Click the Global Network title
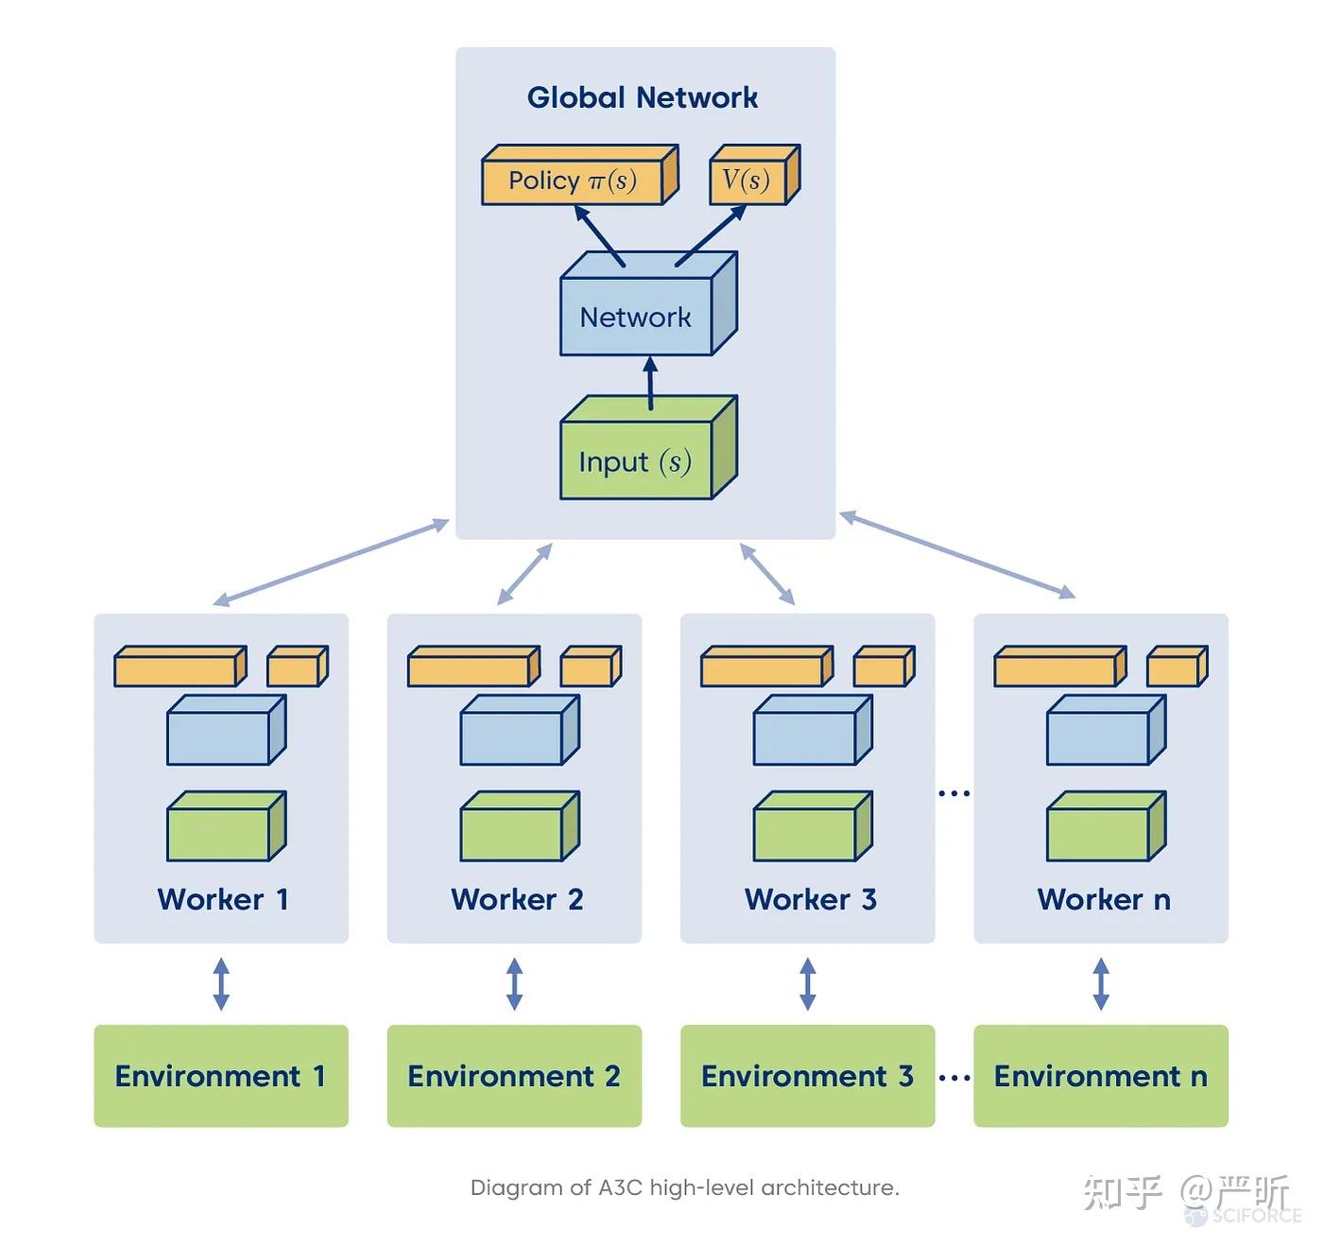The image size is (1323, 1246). click(x=643, y=98)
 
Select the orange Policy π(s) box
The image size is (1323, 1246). click(x=580, y=175)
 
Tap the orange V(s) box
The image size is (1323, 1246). click(x=755, y=175)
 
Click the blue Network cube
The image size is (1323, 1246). click(x=648, y=304)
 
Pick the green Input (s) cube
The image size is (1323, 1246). click(x=648, y=448)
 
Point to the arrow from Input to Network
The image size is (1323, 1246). click(x=651, y=383)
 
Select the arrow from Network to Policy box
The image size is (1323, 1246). click(x=599, y=236)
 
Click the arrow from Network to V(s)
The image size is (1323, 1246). click(x=711, y=236)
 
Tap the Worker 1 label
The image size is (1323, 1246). click(x=222, y=899)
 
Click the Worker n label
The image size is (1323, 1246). click(x=1103, y=899)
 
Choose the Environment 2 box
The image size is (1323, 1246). click(x=514, y=1076)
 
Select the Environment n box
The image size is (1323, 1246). click(x=1101, y=1076)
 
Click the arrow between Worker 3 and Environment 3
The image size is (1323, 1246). click(x=807, y=984)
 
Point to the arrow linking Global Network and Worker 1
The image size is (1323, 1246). click(x=331, y=562)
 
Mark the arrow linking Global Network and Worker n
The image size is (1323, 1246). click(x=957, y=555)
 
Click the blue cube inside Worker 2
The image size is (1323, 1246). click(x=520, y=730)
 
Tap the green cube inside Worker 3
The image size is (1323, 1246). click(x=813, y=826)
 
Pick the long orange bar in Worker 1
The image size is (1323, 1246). click(x=180, y=666)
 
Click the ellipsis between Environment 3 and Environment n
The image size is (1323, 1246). click(x=954, y=1078)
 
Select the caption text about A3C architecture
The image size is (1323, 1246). click(x=685, y=1187)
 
